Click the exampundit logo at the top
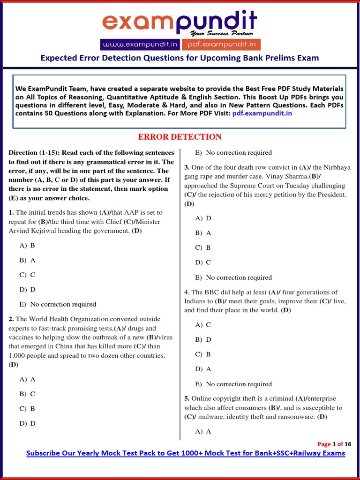[x=180, y=22]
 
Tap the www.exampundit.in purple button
[x=141, y=45]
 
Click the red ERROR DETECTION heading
[x=180, y=137]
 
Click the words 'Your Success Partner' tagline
[x=222, y=33]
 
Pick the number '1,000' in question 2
[x=18, y=355]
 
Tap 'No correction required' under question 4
[x=239, y=384]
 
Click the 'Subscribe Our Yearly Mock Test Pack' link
[x=186, y=453]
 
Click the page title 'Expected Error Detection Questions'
[x=180, y=58]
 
